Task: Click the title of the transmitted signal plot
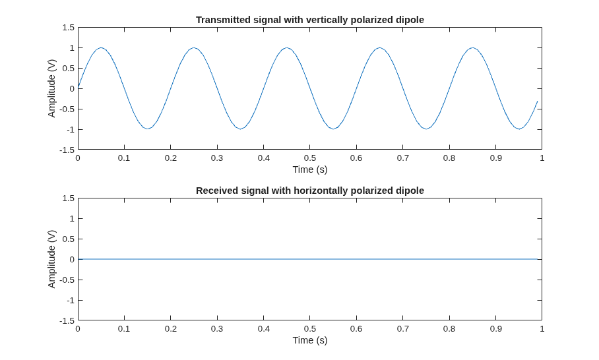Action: tap(310, 20)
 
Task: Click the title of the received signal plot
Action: tap(310, 191)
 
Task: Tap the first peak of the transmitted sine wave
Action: tap(101, 47)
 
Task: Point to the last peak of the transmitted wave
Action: tap(472, 47)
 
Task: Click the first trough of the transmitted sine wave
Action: tap(148, 129)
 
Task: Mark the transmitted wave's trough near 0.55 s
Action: tap(333, 129)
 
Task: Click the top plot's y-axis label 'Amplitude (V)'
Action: tap(51, 88)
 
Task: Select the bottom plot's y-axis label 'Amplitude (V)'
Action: tap(51, 259)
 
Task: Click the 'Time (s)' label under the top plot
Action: tap(310, 169)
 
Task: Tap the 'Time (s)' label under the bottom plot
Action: tap(310, 340)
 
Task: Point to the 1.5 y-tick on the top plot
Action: tap(69, 28)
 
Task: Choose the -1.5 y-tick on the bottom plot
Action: tap(67, 320)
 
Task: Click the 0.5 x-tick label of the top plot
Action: tap(310, 158)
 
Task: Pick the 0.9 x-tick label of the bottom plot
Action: tap(496, 329)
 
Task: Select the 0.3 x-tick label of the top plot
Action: tap(217, 158)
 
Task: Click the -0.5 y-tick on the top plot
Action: tap(67, 109)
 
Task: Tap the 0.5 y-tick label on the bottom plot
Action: tap(69, 239)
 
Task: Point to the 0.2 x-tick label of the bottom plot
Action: tap(171, 329)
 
